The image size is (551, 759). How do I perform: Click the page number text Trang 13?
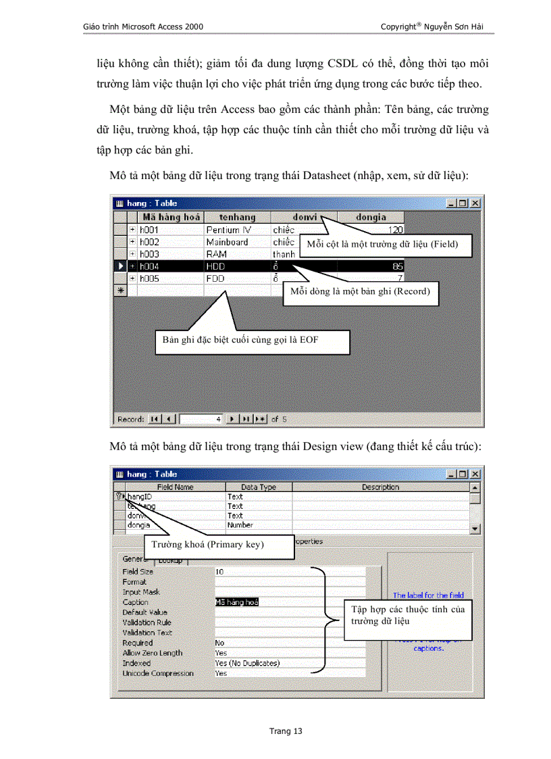point(286,731)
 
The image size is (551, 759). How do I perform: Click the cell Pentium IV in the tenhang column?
point(228,230)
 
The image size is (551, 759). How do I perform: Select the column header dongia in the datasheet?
point(371,217)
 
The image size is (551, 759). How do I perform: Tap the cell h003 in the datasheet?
point(150,254)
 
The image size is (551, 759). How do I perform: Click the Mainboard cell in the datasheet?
point(227,242)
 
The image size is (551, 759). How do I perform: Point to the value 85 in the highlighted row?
point(397,266)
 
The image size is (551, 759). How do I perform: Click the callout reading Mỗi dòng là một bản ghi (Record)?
point(361,292)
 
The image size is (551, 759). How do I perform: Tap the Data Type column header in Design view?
point(259,487)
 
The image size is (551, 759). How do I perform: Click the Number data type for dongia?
point(240,524)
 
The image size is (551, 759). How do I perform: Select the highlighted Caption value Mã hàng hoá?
point(236,602)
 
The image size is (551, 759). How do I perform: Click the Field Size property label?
point(138,572)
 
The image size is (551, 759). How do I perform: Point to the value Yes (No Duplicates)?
point(247,663)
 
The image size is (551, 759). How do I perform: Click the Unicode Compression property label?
point(158,673)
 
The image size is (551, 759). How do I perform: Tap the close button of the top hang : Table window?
point(475,203)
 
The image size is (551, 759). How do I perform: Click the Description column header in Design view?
point(380,487)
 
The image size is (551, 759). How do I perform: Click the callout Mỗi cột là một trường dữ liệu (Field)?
point(386,244)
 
